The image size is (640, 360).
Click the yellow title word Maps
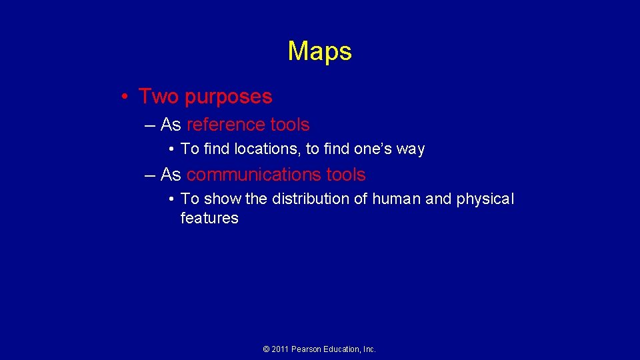pos(319,51)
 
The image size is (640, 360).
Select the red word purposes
pos(229,97)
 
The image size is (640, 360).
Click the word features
pos(209,218)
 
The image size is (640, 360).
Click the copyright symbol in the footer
pos(267,349)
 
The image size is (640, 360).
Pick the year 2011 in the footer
pos(281,349)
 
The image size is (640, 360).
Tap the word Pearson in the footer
pos(307,349)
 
